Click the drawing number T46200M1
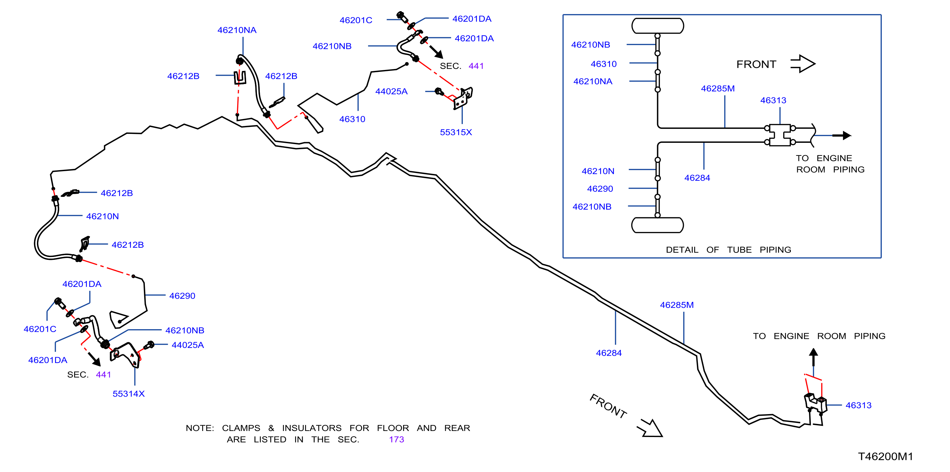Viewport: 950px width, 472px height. tap(885, 456)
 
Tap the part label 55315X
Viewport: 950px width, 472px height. tap(456, 132)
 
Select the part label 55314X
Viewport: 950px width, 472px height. tap(128, 393)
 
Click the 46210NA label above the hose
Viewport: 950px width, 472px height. tap(237, 30)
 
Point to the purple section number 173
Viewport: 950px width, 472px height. tap(396, 439)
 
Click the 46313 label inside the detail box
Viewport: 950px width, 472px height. tap(773, 100)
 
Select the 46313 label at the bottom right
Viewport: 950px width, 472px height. tap(858, 405)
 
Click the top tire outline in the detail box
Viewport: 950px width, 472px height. tap(657, 26)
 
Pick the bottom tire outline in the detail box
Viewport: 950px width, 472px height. tap(657, 225)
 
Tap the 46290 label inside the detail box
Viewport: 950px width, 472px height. tap(600, 189)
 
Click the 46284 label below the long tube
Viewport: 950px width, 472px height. tap(608, 353)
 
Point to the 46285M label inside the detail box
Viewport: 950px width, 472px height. tap(718, 88)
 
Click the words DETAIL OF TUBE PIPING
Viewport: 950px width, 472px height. tap(728, 250)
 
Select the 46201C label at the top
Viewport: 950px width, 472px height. tap(356, 20)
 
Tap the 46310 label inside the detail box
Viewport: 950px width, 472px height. tap(603, 64)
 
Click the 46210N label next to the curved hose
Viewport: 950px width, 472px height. tap(102, 216)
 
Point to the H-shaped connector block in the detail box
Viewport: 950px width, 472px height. tap(780, 135)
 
